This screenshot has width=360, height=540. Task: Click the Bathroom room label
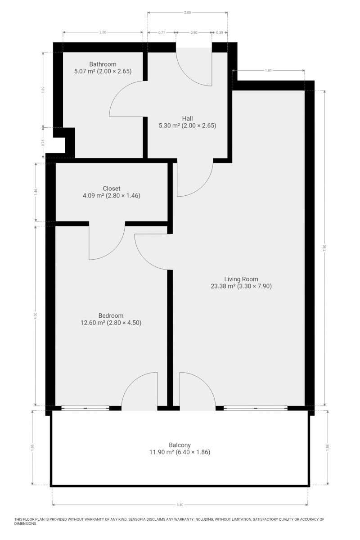[x=103, y=64]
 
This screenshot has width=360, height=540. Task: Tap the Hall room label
[x=187, y=118]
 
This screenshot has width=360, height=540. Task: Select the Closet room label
[x=112, y=188]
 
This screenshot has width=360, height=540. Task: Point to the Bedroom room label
[x=111, y=315]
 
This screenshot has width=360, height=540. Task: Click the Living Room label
[x=241, y=279]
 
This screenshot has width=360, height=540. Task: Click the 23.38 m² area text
[x=223, y=286]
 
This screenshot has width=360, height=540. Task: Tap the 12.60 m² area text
[x=93, y=323]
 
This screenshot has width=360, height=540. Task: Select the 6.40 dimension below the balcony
[x=180, y=503]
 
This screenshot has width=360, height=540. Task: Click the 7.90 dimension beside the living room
[x=324, y=248]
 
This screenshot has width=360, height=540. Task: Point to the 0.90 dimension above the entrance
[x=194, y=32]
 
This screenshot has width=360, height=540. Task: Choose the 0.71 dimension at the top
[x=162, y=32]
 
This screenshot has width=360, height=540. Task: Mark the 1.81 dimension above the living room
[x=268, y=71]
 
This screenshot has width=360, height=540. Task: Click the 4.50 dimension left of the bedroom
[x=36, y=316]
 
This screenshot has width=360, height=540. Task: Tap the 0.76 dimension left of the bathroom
[x=43, y=143]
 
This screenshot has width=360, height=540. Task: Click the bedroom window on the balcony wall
[x=85, y=408]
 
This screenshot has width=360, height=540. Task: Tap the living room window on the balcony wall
[x=256, y=408]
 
